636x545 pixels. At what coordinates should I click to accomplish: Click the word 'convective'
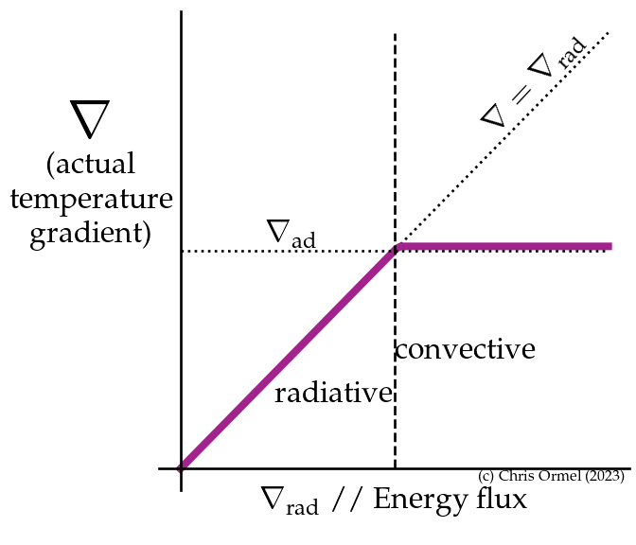coord(465,350)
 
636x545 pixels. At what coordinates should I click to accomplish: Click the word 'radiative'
coord(333,394)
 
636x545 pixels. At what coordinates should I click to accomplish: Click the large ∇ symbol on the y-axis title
coord(90,119)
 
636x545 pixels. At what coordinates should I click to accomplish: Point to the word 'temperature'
coord(91,200)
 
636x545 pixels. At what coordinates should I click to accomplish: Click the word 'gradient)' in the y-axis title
coord(91,233)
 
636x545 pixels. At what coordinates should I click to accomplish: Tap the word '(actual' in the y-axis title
coord(91,165)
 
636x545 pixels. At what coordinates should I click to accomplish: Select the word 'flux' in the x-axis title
coord(498,498)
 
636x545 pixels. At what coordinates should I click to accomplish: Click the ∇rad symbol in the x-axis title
coord(289,501)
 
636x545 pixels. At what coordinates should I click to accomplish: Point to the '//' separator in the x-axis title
coord(346,499)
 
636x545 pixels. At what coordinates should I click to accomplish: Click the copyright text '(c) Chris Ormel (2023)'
coord(551,477)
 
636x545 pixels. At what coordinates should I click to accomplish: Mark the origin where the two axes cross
coord(181,468)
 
